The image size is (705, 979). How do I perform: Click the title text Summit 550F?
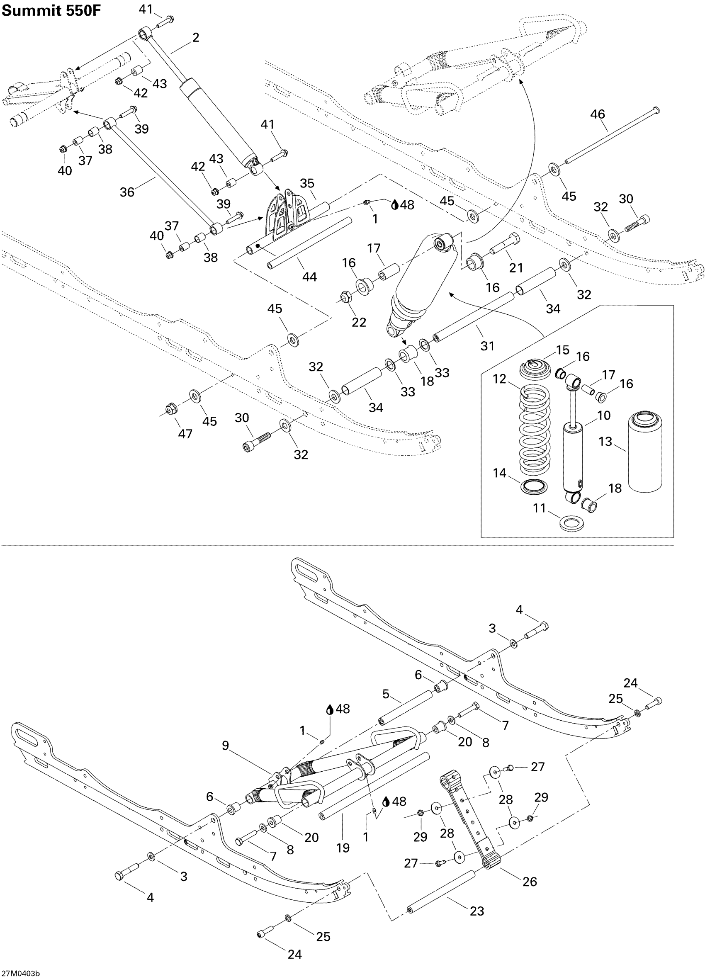[51, 10]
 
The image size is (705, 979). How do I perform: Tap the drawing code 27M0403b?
[20, 973]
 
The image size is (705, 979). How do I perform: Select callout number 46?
[598, 114]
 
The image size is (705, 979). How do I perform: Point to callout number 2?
[196, 38]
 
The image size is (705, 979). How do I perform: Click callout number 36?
[127, 192]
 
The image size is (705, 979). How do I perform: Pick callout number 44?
[309, 277]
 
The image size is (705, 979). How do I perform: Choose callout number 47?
[185, 433]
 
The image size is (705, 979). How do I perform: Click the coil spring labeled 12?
[535, 432]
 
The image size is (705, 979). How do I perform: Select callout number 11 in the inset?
[539, 508]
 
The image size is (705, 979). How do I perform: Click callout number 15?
[562, 350]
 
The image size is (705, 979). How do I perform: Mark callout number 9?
[225, 746]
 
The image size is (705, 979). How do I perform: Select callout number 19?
[343, 848]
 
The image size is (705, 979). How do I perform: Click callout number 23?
[476, 911]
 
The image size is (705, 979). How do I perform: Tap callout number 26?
[530, 881]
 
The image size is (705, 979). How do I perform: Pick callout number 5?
[386, 694]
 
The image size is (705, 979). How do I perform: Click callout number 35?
[307, 183]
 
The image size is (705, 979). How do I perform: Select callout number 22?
[359, 322]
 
